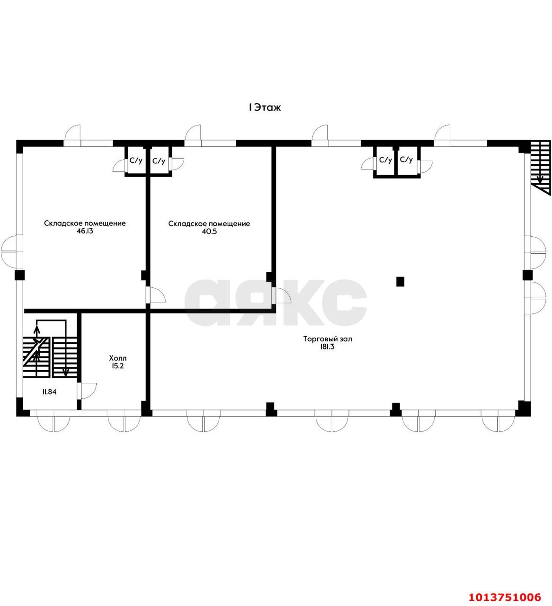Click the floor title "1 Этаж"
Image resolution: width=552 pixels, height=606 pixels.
[265, 107]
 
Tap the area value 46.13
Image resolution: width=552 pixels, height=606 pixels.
[85, 232]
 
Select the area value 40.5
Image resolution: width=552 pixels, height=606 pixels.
[209, 232]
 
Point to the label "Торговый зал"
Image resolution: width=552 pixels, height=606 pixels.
[328, 339]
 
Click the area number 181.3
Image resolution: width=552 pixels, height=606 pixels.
[327, 347]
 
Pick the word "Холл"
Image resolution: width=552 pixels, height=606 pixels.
[117, 358]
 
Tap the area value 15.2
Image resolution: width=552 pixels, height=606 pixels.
[117, 366]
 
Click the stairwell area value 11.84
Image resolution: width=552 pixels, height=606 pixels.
[49, 392]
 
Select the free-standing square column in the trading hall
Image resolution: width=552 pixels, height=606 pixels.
[400, 282]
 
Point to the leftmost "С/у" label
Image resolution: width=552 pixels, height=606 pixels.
[136, 160]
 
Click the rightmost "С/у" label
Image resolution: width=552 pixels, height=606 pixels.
[406, 160]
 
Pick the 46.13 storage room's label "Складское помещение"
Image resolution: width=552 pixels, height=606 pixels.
[85, 223]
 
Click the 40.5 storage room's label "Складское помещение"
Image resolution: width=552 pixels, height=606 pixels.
[209, 224]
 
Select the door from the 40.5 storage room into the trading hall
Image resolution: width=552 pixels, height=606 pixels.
[281, 296]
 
